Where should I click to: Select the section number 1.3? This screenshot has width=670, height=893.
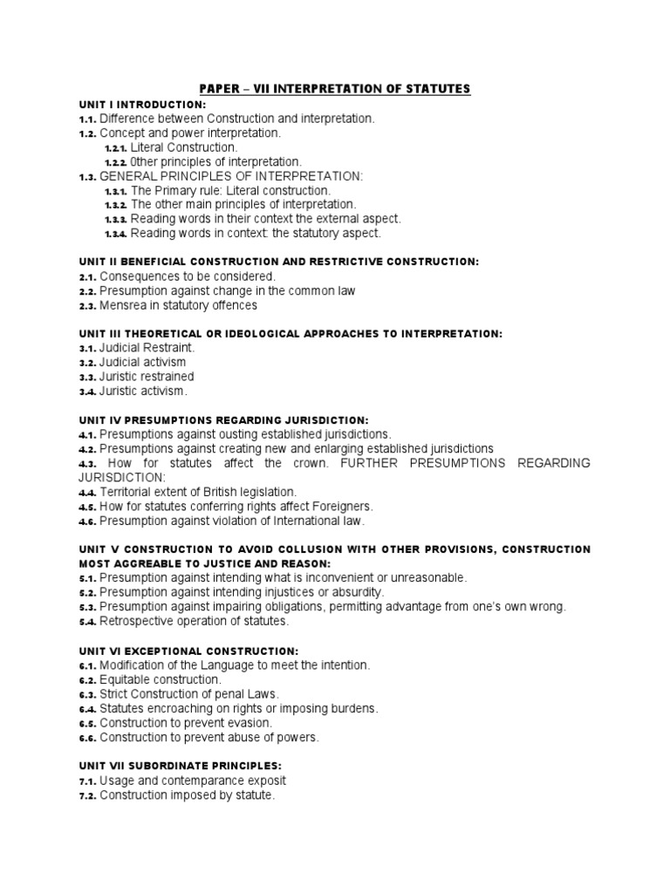tap(87, 176)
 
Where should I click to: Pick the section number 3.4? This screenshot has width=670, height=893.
tap(87, 391)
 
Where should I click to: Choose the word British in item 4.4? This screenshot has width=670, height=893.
tap(212, 492)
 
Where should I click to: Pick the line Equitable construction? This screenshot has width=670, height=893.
tap(161, 679)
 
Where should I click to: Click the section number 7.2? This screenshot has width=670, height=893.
tap(87, 795)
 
